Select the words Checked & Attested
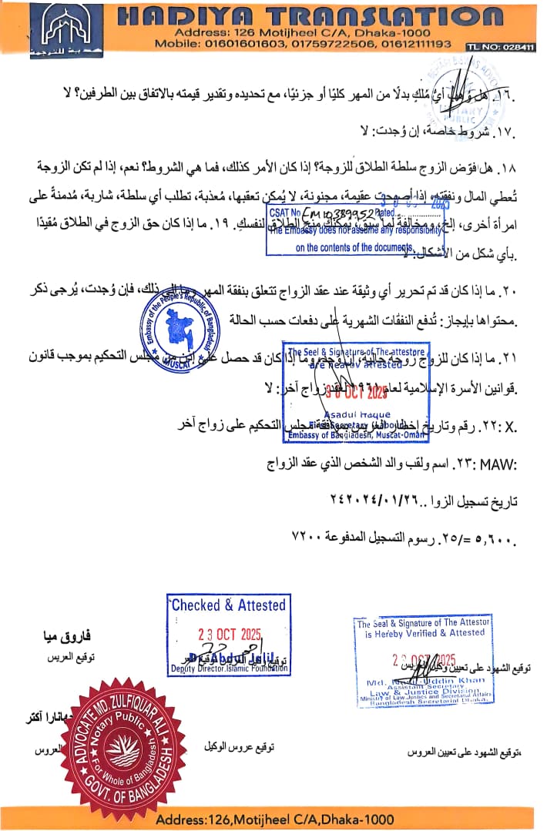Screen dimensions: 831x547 (228, 605)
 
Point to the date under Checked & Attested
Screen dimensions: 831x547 (229, 634)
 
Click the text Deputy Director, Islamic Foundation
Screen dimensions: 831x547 (229, 669)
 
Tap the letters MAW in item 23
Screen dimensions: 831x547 (496, 466)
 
